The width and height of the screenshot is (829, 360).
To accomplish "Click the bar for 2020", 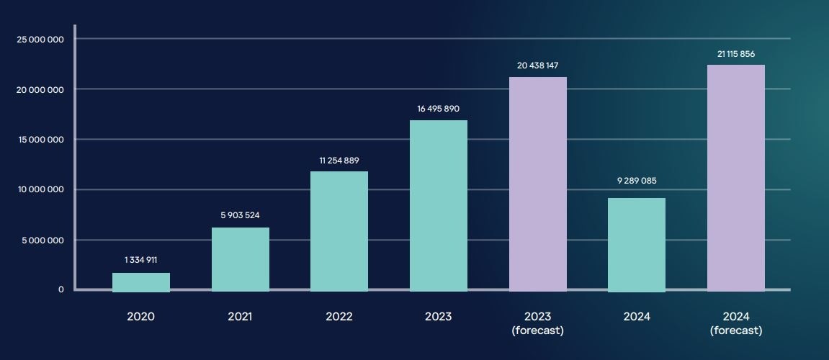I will pyautogui.click(x=141, y=282).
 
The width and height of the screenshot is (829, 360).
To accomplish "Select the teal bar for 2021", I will pyautogui.click(x=241, y=259).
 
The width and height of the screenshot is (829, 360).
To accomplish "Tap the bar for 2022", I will pyautogui.click(x=339, y=231).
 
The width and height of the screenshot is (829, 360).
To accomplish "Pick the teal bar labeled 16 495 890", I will pyautogui.click(x=439, y=205).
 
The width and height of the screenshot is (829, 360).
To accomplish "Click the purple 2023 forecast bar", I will pyautogui.click(x=538, y=184).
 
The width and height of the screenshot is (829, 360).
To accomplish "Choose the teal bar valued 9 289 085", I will pyautogui.click(x=637, y=244).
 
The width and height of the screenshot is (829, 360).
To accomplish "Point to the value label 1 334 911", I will pyautogui.click(x=140, y=260).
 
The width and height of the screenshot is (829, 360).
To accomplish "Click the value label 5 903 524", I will pyautogui.click(x=240, y=215).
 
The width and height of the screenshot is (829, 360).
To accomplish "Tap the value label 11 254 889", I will pyautogui.click(x=339, y=160).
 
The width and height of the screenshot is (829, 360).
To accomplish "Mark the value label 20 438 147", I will pyautogui.click(x=537, y=66).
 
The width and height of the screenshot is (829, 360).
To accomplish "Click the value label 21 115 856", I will pyautogui.click(x=735, y=54).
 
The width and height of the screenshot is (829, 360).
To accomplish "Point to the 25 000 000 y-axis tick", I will pyautogui.click(x=40, y=39).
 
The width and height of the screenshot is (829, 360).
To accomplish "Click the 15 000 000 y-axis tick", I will pyautogui.click(x=40, y=140).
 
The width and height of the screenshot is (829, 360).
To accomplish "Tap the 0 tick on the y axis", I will pyautogui.click(x=61, y=289).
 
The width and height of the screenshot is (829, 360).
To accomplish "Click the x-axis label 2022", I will pyautogui.click(x=339, y=317).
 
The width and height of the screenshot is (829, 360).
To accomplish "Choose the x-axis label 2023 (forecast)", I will pyautogui.click(x=537, y=323).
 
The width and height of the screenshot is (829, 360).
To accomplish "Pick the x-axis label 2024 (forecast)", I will pyautogui.click(x=735, y=323).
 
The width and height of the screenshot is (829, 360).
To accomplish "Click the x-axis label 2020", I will pyautogui.click(x=140, y=317).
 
